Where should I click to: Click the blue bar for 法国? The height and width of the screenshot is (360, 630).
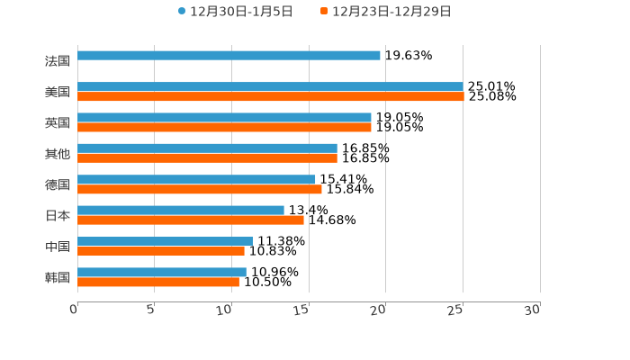[x=229, y=56]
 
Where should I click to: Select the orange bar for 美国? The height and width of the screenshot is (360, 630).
[x=270, y=96]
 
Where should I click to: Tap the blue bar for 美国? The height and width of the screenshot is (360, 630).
[x=270, y=86]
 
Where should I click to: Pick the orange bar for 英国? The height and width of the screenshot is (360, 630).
[x=224, y=127]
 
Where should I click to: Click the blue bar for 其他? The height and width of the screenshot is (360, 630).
[x=207, y=148]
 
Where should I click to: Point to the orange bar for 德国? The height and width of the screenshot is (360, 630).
[x=199, y=189]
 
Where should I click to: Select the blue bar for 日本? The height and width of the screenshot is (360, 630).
[x=180, y=210]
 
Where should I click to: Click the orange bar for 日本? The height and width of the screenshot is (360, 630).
[x=190, y=220]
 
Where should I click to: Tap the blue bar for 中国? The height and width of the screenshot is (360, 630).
[x=165, y=241]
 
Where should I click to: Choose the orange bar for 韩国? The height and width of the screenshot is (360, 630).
[x=157, y=282]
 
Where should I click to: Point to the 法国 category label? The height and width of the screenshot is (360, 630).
[x=58, y=61]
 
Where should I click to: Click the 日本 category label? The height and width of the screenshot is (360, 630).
[x=58, y=216]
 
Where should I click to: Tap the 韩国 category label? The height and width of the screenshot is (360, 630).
[x=58, y=277]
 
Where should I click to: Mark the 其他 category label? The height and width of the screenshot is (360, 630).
[x=58, y=154]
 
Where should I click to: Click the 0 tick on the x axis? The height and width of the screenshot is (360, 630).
[x=75, y=310]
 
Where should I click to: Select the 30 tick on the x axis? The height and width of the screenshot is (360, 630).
[x=533, y=310]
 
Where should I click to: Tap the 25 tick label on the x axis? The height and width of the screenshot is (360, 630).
[x=456, y=310]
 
